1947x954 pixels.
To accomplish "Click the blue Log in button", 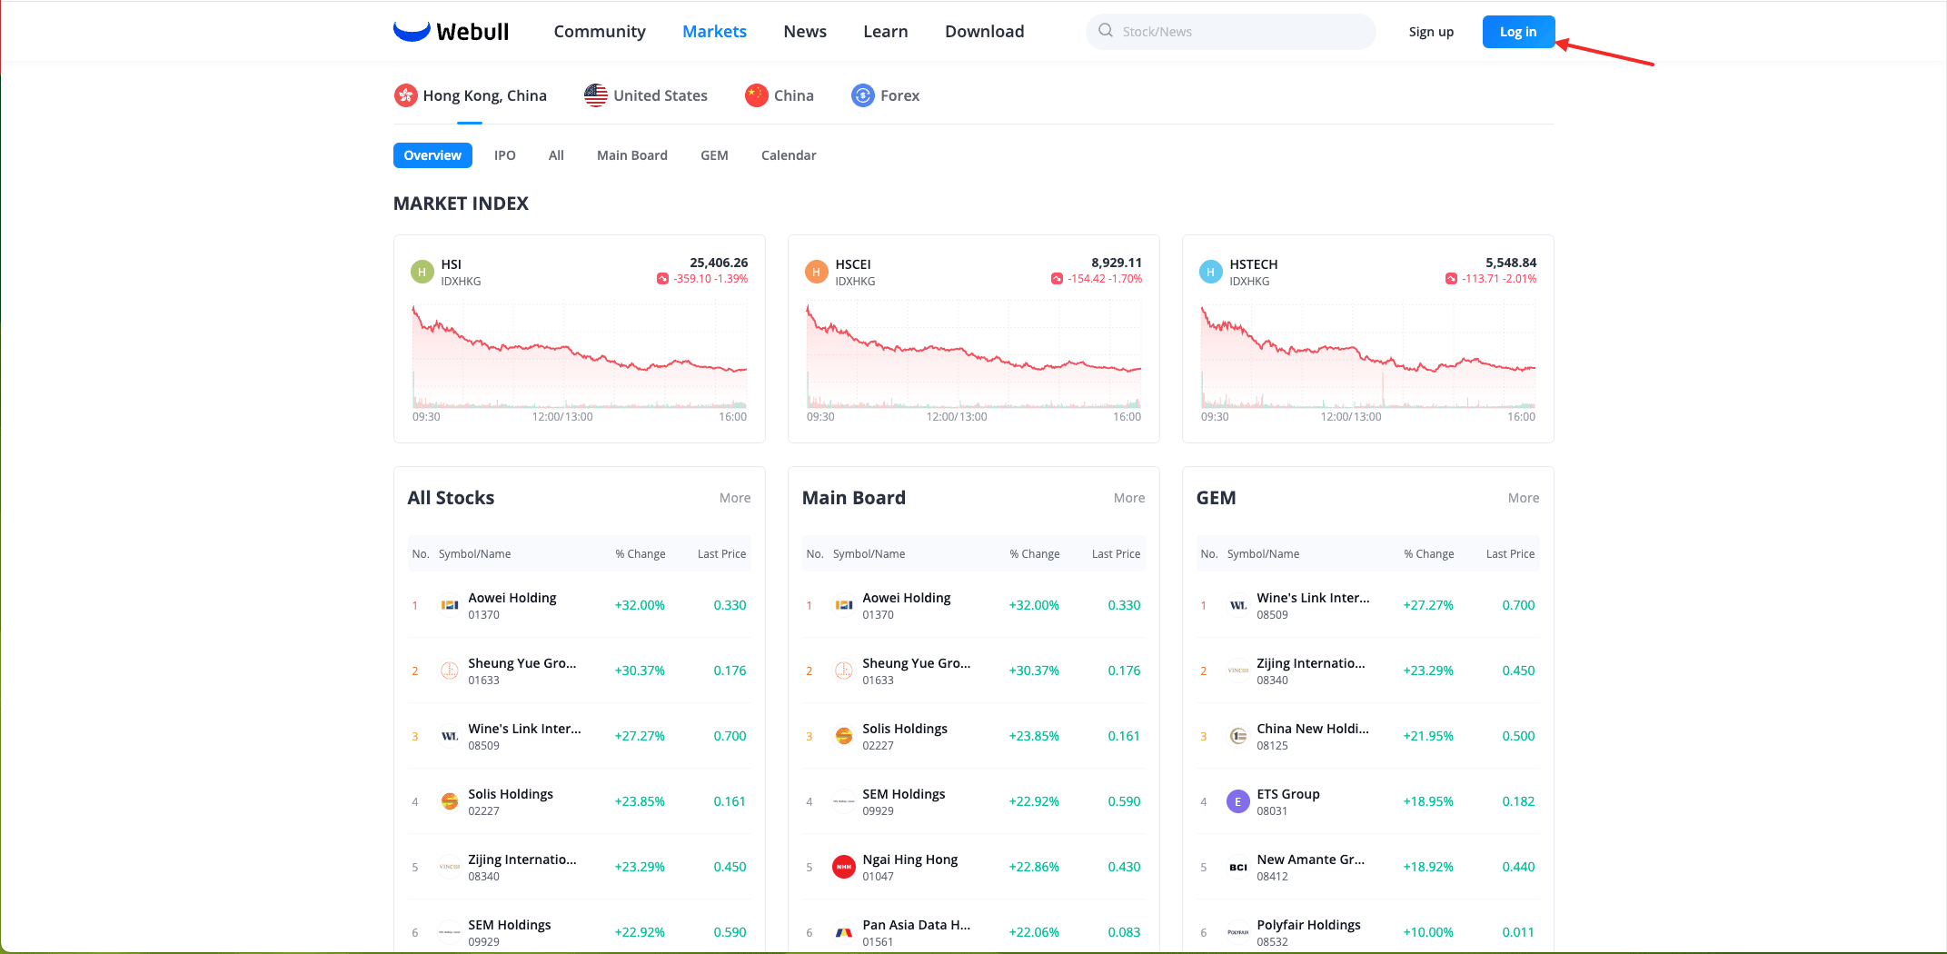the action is [1518, 32].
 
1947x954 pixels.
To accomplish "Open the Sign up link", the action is [1431, 32].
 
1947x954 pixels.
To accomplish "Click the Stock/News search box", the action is [1230, 32].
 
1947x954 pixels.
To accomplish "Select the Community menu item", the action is [600, 32].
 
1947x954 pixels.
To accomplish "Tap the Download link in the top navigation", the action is [984, 32].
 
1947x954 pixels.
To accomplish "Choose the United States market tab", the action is [646, 95].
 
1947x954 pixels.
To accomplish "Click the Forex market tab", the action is [885, 95].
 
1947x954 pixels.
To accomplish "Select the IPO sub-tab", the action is [505, 155].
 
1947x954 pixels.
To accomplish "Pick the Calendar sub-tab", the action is [789, 155].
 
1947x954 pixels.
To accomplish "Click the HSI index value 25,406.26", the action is [719, 263].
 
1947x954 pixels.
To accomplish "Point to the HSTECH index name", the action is [1253, 264].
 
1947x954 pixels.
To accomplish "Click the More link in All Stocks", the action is [735, 498].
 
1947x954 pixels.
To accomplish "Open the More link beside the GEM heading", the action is [1524, 498].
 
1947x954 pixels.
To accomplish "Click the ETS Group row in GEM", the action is [1368, 801].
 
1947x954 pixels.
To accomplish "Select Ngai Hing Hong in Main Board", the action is [909, 860].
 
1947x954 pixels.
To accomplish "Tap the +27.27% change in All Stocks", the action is [640, 736].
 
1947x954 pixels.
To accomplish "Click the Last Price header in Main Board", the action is [1116, 554].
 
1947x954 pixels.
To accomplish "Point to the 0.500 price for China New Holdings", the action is [1518, 736].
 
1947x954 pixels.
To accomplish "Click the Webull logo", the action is [451, 32].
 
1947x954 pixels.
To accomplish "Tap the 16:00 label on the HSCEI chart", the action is [1127, 417].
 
